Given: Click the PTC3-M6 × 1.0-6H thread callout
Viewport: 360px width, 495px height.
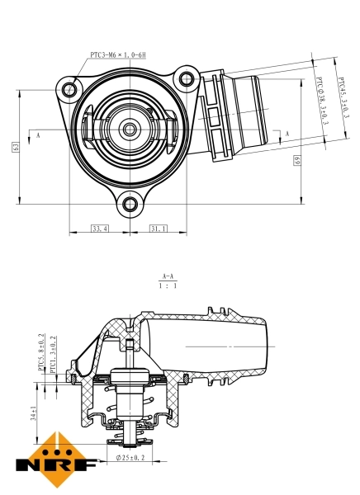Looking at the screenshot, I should tap(117, 55).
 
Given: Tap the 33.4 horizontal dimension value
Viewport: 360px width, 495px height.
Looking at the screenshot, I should tap(100, 228).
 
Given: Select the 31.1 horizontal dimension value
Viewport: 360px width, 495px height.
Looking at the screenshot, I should tap(158, 228).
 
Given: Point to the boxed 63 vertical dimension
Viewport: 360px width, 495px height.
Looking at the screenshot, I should tap(16, 146).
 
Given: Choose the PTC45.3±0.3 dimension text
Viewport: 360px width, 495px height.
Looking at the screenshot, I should tap(342, 100).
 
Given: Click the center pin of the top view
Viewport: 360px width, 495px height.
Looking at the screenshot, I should tap(129, 129).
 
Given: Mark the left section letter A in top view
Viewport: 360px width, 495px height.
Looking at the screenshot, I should tap(38, 133).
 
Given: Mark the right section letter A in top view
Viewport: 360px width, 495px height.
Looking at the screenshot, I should tap(287, 133).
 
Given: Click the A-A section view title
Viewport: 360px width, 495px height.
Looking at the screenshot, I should tap(168, 276).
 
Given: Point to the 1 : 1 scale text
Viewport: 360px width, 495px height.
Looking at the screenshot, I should tap(168, 286).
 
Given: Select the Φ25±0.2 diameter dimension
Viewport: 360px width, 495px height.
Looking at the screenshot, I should tap(130, 456).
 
